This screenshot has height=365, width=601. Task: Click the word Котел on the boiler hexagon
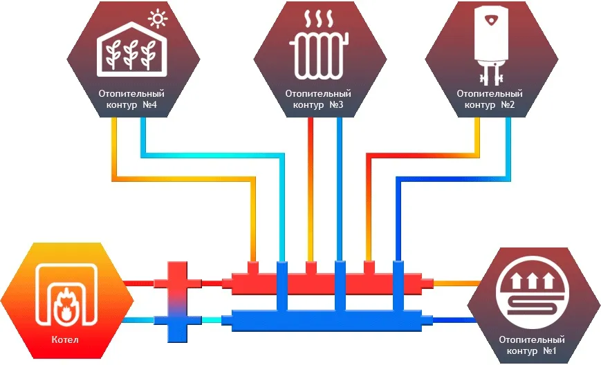coord(65,340)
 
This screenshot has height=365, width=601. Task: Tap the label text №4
coord(151,105)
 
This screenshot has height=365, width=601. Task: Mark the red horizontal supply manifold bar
coord(325,283)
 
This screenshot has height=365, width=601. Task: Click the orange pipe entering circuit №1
coord(456,283)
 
